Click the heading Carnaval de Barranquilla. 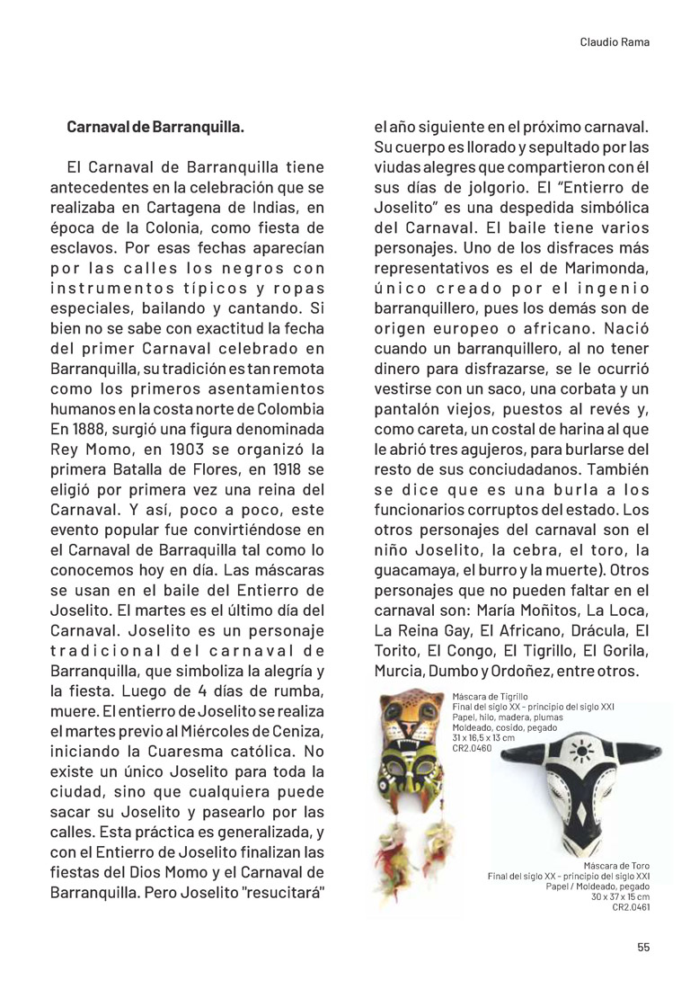pyautogui.click(x=155, y=127)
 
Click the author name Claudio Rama pyautogui.click(x=615, y=41)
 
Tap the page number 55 pyautogui.click(x=643, y=947)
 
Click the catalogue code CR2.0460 pyautogui.click(x=473, y=748)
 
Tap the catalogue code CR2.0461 pyautogui.click(x=631, y=907)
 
